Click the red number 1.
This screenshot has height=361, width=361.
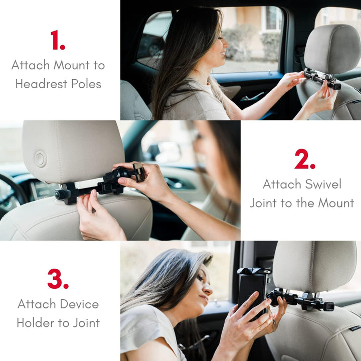click(57, 40)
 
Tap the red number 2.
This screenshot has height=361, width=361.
click(304, 159)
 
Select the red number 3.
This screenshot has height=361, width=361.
click(58, 279)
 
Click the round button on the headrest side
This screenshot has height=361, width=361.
click(40, 159)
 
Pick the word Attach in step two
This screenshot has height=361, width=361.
click(280, 184)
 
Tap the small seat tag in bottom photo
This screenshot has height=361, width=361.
click(354, 328)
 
